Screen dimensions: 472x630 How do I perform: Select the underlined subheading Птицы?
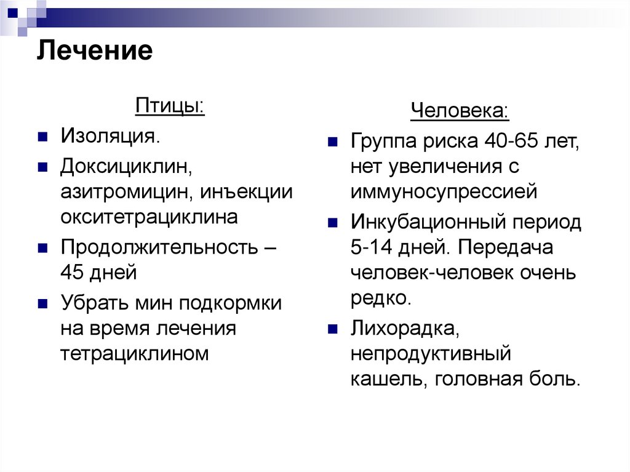pyautogui.click(x=170, y=106)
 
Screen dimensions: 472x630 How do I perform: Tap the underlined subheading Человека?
pyautogui.click(x=460, y=112)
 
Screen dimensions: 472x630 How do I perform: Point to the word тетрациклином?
pyautogui.click(x=135, y=353)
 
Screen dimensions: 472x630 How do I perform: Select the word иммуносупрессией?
pyautogui.click(x=444, y=193)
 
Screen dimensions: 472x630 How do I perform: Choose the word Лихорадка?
pyautogui.click(x=404, y=329)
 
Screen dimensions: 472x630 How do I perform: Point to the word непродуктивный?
pyautogui.click(x=431, y=354)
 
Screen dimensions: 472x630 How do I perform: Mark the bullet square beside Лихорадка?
pyautogui.click(x=332, y=329)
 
